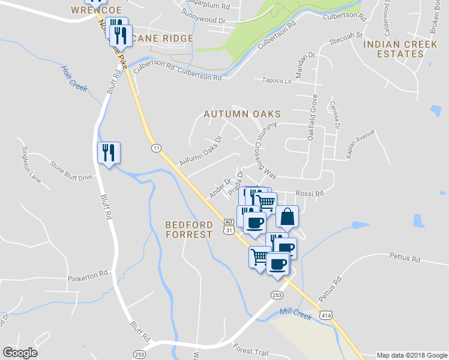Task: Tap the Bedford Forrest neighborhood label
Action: [189, 229]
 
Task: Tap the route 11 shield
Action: [156, 148]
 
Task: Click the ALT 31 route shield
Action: [229, 227]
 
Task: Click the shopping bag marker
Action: [288, 217]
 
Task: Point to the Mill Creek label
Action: [295, 313]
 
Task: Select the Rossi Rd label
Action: [310, 193]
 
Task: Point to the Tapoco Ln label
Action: [277, 80]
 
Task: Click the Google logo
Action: [20, 352]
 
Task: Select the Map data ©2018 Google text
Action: [411, 355]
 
